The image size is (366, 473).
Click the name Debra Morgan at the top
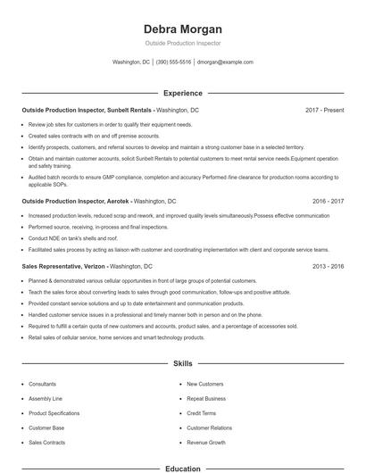pyautogui.click(x=182, y=29)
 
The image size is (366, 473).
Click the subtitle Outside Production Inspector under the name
pyautogui.click(x=182, y=43)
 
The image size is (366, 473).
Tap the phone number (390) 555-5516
pyautogui.click(x=173, y=62)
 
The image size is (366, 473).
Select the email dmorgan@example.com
pyautogui.click(x=225, y=62)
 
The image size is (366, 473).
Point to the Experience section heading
pyautogui.click(x=182, y=93)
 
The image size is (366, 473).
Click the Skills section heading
pyautogui.click(x=182, y=364)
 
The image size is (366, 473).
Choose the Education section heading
pyautogui.click(x=182, y=468)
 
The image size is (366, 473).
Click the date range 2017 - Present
pyautogui.click(x=324, y=110)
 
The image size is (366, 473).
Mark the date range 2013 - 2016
pyautogui.click(x=326, y=267)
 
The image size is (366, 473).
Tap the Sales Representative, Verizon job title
pyautogui.click(x=64, y=267)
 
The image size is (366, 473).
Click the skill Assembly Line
pyautogui.click(x=46, y=398)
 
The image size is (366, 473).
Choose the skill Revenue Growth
pyautogui.click(x=206, y=442)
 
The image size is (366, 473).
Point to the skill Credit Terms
pyautogui.click(x=201, y=413)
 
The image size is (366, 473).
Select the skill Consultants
pyautogui.click(x=43, y=384)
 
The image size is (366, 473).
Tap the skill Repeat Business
pyautogui.click(x=206, y=398)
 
